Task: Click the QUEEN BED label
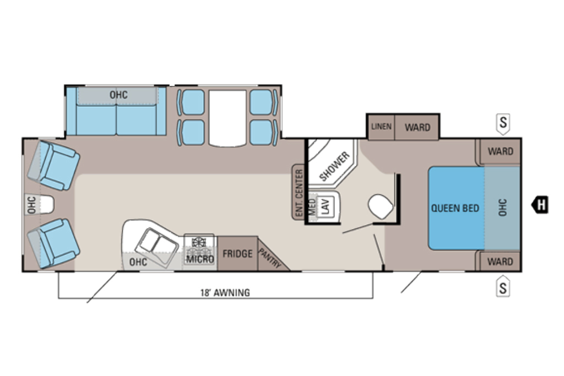pos(455,208)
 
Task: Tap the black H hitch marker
pos(540,205)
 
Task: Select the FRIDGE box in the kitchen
pos(237,253)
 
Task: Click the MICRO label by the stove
pos(200,259)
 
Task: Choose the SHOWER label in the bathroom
pos(334,166)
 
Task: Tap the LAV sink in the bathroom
pos(325,206)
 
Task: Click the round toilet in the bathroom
pos(381,206)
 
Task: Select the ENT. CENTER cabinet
pos(299,192)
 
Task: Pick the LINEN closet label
pos(381,127)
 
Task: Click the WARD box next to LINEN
pos(417,127)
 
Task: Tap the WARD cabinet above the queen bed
pos(500,151)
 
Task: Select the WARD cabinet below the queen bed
pos(500,261)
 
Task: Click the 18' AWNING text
pos(225,293)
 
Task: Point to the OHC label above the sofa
pos(118,95)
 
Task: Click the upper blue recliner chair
pos(54,165)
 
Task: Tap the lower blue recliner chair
pos(53,243)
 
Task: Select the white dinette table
pos(227,118)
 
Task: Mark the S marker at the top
pos(503,123)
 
